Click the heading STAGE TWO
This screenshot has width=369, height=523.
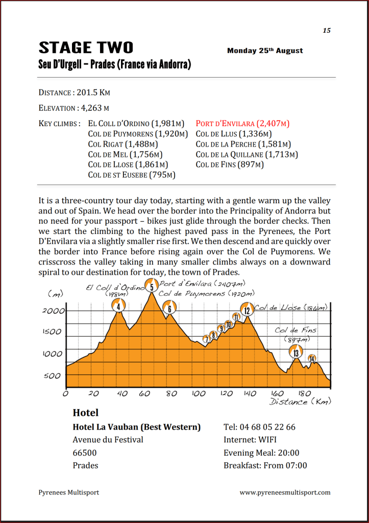pos(86,48)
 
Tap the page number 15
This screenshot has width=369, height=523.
pos(327,31)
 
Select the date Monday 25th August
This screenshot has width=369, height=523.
pos(265,51)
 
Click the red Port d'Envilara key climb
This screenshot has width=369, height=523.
pos(242,124)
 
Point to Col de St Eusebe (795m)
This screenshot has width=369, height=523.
pos(132,175)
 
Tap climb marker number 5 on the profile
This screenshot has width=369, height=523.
pos(152,286)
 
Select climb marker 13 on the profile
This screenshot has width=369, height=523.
pos(296,351)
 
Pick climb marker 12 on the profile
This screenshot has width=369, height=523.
pos(247,310)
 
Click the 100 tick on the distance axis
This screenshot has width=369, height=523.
pos(199,394)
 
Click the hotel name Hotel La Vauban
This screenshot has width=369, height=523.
pos(136,427)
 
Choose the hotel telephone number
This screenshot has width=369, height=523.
pos(259,427)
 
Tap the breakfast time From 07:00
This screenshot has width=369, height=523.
pos(285,465)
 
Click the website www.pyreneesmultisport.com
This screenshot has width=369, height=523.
pos(285,493)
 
